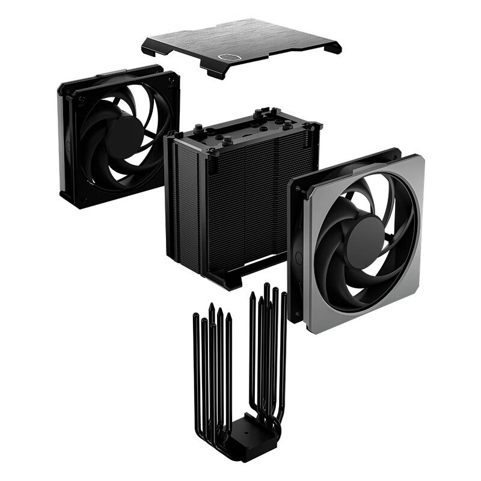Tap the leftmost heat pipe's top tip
(x=195, y=316)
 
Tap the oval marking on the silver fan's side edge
(x=299, y=257)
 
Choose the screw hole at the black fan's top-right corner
(x=170, y=78)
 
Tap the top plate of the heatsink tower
(x=240, y=129)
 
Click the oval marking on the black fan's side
(x=68, y=146)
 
